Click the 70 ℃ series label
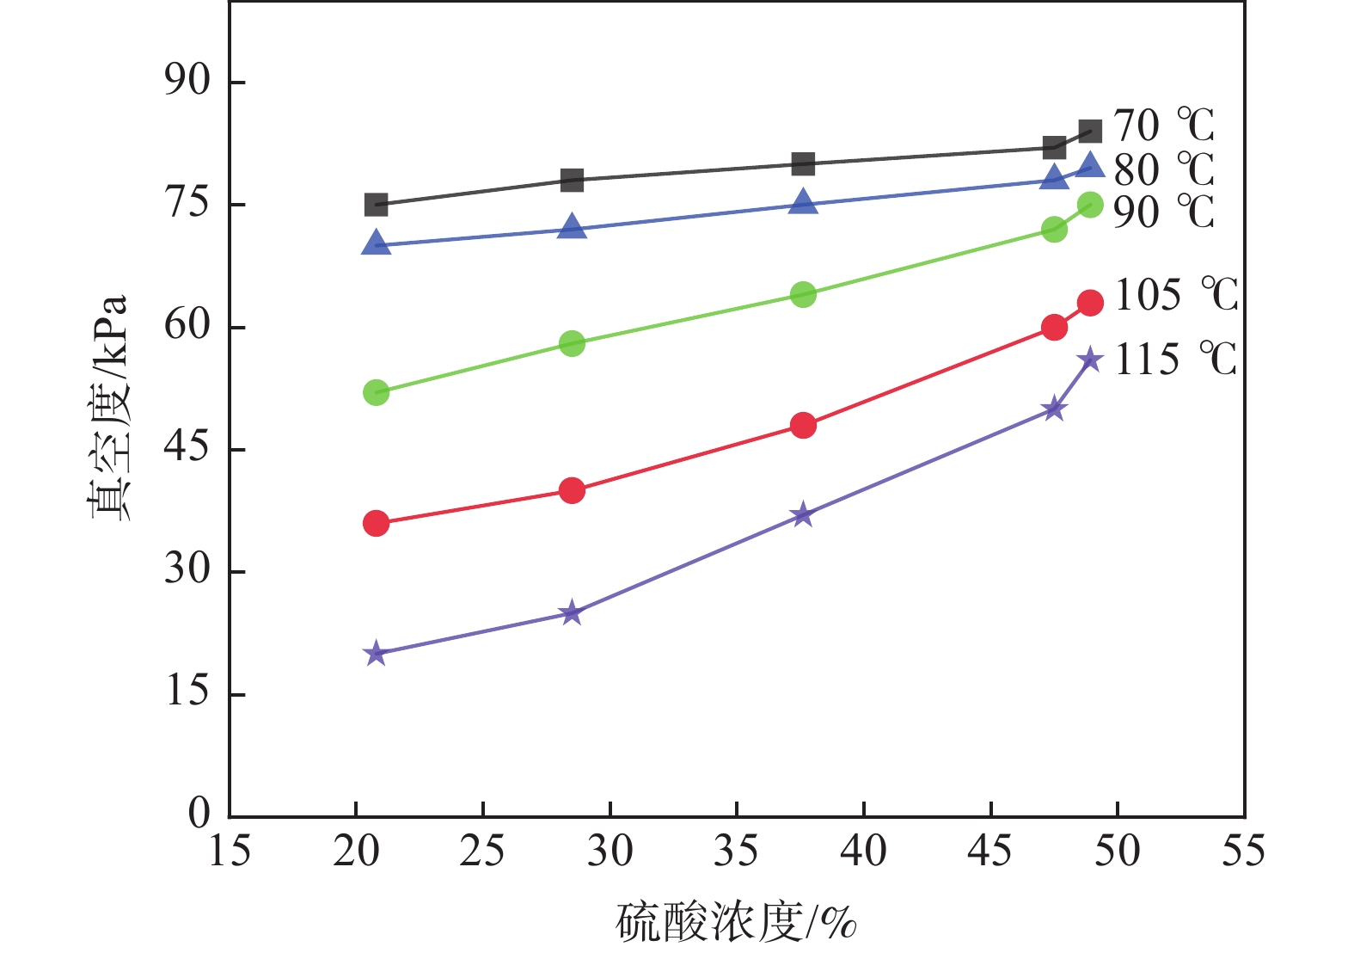click(1163, 126)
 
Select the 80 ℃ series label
click(1163, 169)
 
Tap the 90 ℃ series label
click(1163, 212)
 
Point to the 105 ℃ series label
click(1175, 295)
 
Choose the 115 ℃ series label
click(1175, 359)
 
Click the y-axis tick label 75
click(187, 204)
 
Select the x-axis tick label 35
click(737, 852)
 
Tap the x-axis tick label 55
click(1244, 852)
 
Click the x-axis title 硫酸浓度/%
click(737, 923)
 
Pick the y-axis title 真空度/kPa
click(110, 408)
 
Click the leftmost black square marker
click(376, 205)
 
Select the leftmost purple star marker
click(375, 654)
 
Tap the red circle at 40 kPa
click(572, 490)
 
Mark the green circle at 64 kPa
click(803, 295)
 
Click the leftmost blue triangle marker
click(376, 244)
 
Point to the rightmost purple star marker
click(1090, 360)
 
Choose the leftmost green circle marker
click(376, 393)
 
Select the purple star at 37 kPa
click(803, 515)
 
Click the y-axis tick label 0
click(199, 813)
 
